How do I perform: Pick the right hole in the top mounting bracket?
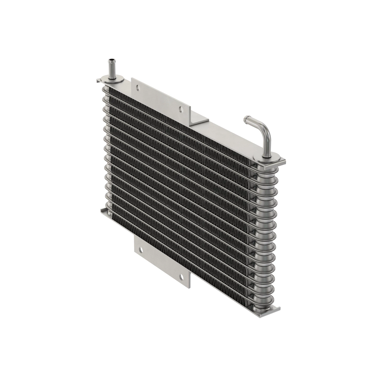[181, 108]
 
